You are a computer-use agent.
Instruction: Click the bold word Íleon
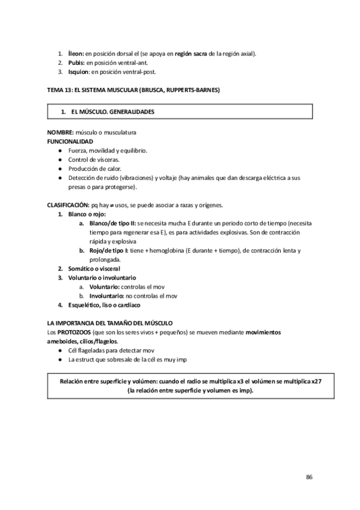pos(76,54)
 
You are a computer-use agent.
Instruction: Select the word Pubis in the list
pos(76,63)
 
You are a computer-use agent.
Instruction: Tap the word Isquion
pos(79,72)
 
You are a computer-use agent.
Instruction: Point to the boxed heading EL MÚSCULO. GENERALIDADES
pos(112,112)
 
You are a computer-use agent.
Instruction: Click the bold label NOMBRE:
pos(60,132)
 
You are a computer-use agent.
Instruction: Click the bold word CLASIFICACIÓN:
pos(68,205)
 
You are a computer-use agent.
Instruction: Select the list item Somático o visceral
pos(94,268)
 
